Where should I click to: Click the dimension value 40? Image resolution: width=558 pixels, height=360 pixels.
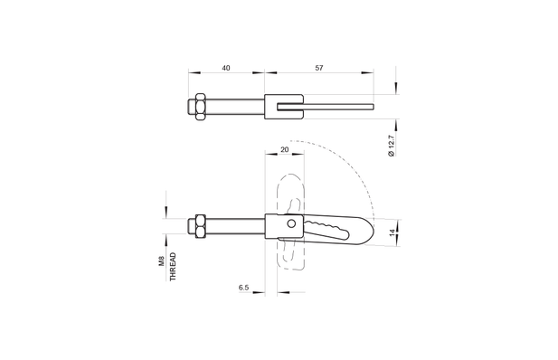(x=226, y=68)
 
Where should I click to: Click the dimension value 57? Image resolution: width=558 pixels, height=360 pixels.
(x=319, y=68)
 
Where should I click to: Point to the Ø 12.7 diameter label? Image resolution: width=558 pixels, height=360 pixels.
(x=391, y=146)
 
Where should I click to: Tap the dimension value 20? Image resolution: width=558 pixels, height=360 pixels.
(x=285, y=149)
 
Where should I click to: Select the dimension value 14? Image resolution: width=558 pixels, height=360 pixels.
(x=392, y=232)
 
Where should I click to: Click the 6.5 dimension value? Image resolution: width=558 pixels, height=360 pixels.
(x=244, y=288)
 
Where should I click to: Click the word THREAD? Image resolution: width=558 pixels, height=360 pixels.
(x=173, y=267)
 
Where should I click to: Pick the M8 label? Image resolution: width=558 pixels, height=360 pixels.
(x=161, y=261)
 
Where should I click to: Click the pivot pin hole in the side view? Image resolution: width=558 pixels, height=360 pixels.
(x=291, y=223)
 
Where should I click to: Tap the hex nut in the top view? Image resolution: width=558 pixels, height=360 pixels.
(x=201, y=107)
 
